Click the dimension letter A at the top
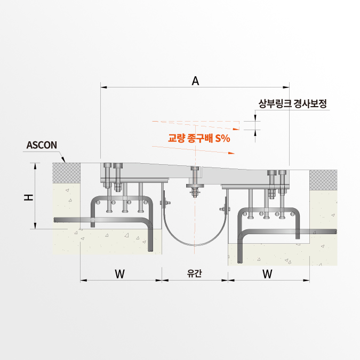click(195, 81)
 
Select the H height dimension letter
click(28, 197)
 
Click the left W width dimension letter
click(119, 274)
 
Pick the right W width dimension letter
click(268, 274)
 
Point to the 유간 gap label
click(195, 274)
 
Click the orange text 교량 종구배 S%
click(199, 138)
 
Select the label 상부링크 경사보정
click(292, 103)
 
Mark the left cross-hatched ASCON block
click(66, 171)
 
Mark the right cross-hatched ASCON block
click(323, 178)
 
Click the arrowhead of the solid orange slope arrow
click(231, 153)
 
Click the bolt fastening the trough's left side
click(165, 203)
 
